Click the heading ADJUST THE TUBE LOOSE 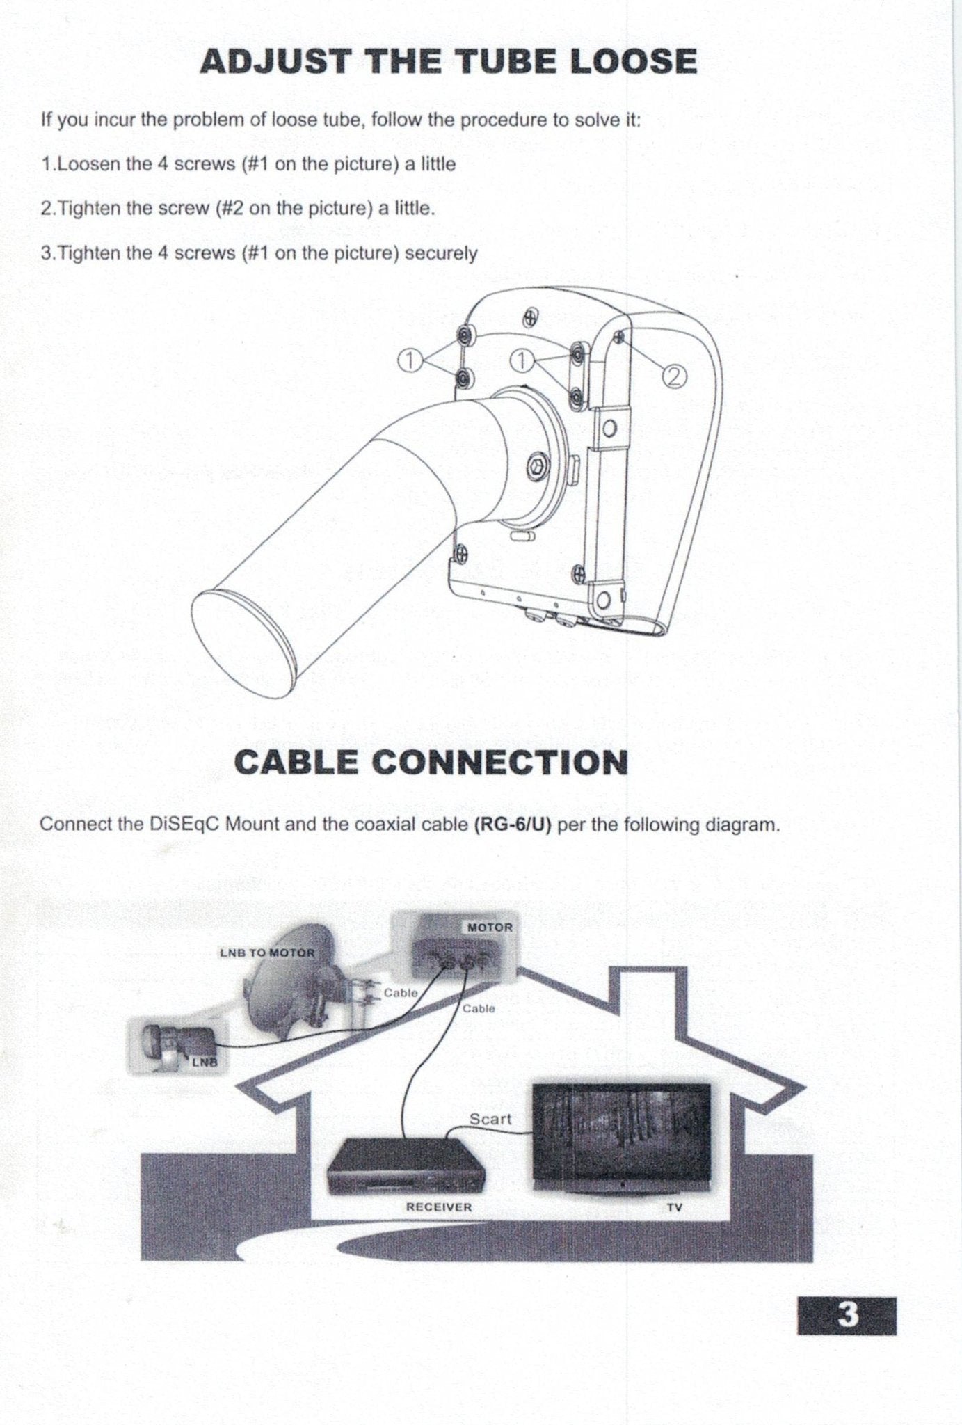point(448,61)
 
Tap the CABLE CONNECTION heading point(431,762)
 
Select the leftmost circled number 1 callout point(410,360)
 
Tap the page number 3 point(847,1315)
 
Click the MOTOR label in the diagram point(490,928)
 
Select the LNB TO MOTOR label point(267,953)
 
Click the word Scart point(490,1118)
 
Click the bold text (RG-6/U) point(512,825)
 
